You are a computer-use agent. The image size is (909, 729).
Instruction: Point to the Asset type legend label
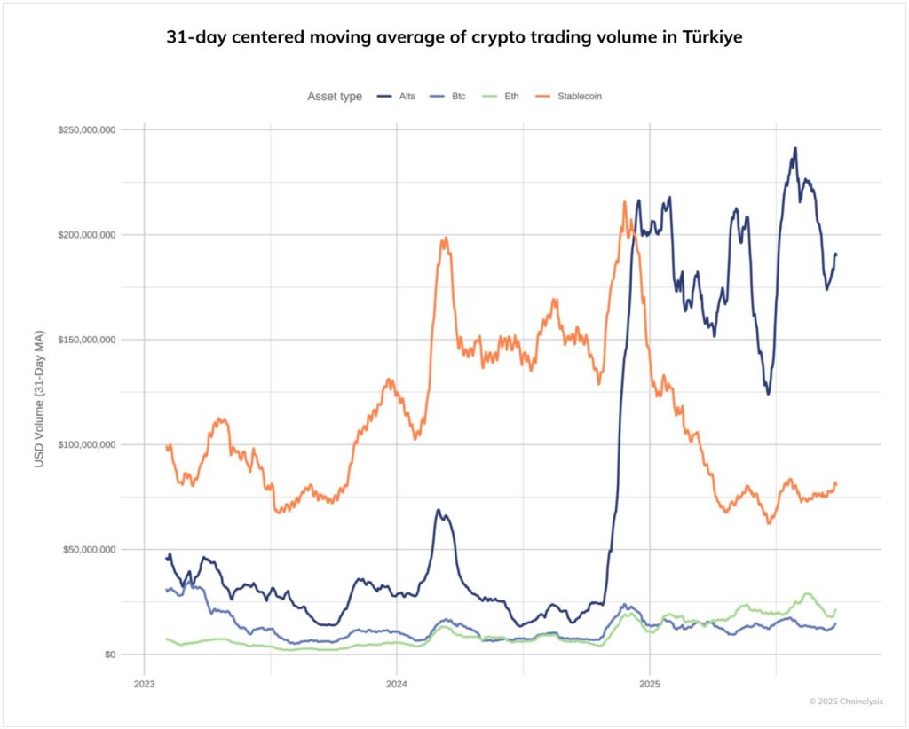335,96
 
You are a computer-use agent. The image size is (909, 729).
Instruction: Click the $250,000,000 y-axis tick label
88,130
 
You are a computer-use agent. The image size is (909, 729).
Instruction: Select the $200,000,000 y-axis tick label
88,235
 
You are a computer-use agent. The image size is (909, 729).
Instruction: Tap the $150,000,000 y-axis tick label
88,340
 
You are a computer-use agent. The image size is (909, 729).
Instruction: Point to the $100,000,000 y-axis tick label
88,444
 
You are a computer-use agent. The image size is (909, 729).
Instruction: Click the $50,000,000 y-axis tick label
91,550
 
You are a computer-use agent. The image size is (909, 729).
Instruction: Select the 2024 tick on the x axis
397,684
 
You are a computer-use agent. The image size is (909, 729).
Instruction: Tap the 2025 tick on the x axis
650,684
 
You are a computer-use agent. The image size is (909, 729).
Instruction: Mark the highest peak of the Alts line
795,149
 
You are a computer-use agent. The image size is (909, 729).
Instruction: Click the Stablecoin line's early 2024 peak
445,238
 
